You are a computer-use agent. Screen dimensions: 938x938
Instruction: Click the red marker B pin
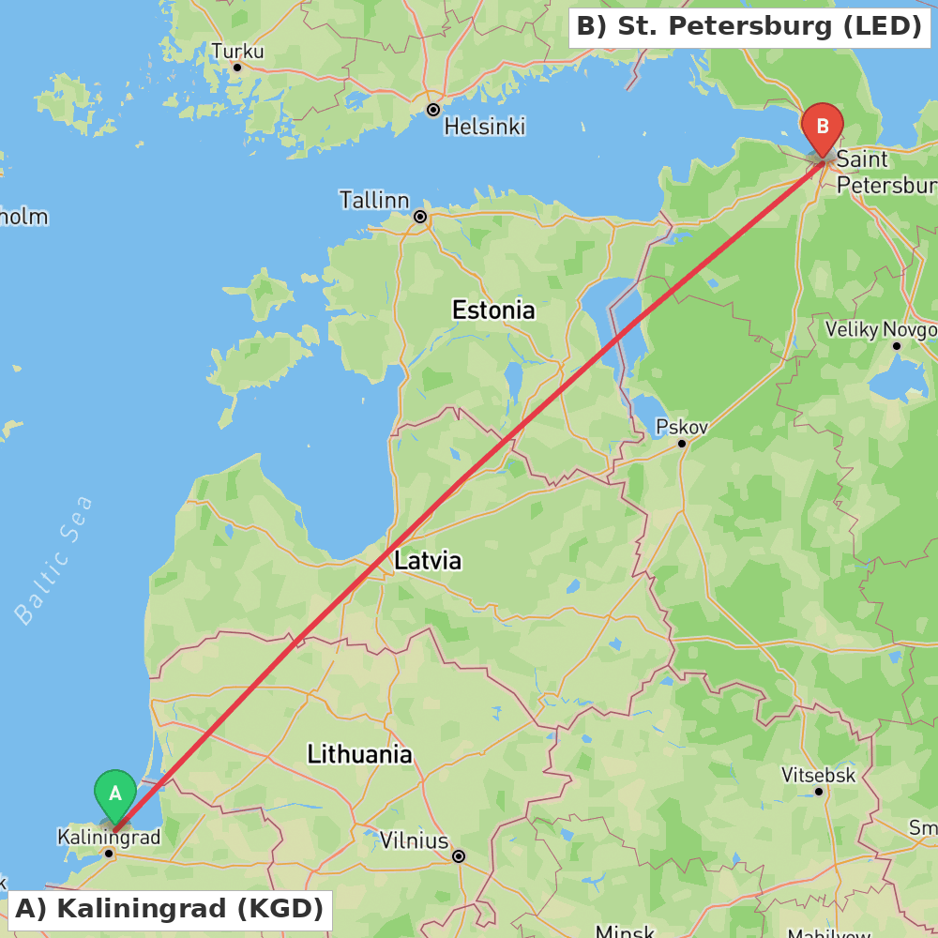pos(823,127)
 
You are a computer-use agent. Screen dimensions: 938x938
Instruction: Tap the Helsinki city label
pos(484,126)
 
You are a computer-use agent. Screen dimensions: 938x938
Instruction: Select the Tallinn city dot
pos(420,217)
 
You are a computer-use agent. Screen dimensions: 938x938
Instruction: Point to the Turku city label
pos(237,51)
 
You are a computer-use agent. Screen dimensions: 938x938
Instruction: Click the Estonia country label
pos(493,310)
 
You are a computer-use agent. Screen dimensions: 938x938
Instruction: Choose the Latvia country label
pos(428,561)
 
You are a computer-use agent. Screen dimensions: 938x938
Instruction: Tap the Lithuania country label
pos(359,753)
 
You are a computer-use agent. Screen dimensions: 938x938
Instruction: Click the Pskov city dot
pos(682,443)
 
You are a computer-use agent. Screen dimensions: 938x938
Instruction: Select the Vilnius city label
pos(414,840)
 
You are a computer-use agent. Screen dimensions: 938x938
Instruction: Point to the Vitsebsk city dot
pos(819,792)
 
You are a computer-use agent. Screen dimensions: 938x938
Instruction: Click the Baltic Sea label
pos(54,560)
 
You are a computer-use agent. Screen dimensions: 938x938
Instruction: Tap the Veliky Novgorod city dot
pos(896,345)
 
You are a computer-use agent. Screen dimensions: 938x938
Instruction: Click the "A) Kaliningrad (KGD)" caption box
pos(170,908)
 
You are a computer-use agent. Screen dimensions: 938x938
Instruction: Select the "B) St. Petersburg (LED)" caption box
pos(749,26)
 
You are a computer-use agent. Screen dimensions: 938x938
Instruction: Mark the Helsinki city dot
pos(433,110)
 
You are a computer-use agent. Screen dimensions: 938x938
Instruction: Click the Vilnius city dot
pos(459,855)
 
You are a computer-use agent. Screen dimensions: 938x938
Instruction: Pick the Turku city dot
pos(237,67)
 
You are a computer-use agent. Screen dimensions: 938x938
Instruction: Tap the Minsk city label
pos(625,931)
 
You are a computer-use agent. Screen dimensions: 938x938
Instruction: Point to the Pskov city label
pos(682,427)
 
